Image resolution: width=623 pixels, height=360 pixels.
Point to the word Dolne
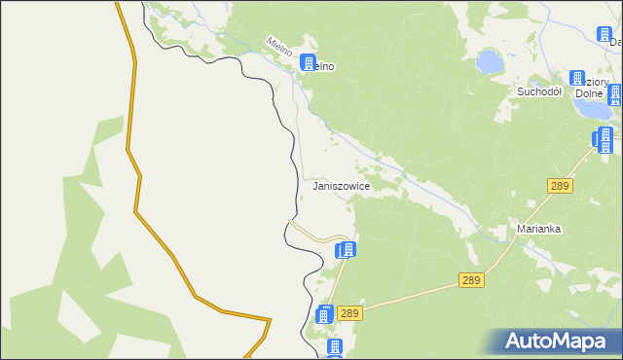tap(590, 94)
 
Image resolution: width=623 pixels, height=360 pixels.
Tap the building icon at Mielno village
tap(309, 63)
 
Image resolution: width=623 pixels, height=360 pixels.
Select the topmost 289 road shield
tap(558, 185)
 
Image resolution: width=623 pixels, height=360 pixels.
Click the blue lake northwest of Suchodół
tap(491, 63)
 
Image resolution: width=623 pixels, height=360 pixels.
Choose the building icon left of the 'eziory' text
tap(576, 78)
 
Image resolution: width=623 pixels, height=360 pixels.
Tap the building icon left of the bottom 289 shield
tap(325, 314)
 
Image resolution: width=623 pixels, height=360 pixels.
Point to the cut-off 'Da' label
tap(615, 43)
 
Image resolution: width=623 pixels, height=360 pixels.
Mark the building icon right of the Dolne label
tap(614, 94)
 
